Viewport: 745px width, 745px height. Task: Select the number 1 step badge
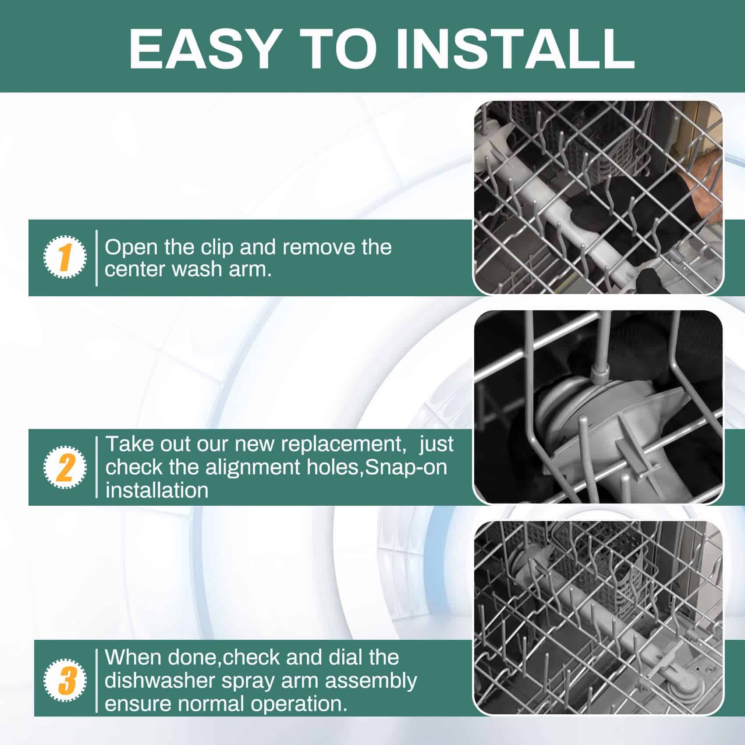pos(65,257)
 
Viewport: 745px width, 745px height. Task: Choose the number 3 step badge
pos(65,681)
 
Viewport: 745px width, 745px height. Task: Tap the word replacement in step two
pos(342,444)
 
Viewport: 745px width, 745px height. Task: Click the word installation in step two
pos(157,490)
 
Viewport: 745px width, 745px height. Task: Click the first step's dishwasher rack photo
pos(598,198)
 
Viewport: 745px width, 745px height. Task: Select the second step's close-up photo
pos(598,407)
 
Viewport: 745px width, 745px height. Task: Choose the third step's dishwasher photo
pos(598,618)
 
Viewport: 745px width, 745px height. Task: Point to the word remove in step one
pos(314,248)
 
